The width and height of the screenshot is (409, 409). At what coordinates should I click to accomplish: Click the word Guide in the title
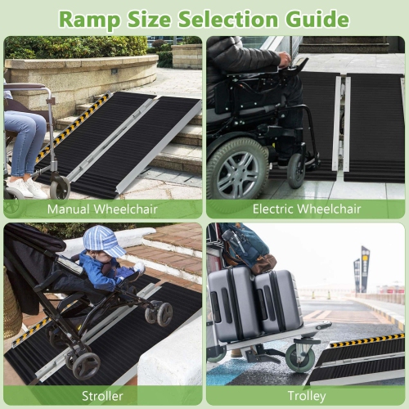320,18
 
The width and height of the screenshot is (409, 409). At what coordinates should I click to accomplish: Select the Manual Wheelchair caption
102,209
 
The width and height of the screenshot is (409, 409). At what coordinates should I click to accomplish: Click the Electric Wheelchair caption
307,209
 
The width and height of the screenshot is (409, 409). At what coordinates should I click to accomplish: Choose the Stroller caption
102,397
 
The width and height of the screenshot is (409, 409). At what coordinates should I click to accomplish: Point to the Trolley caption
307,397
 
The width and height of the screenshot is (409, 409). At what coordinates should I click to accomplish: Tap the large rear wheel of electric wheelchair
236,168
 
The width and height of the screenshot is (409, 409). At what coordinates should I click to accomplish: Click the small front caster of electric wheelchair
297,170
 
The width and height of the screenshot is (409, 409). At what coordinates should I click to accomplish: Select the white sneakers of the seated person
23,187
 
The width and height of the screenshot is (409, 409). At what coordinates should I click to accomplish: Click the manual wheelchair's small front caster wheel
59,188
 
